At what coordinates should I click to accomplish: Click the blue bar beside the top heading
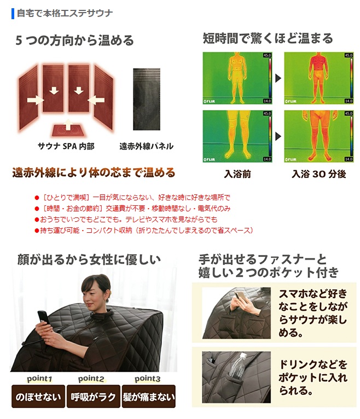coord(13,14)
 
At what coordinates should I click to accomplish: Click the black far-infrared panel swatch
coord(147,99)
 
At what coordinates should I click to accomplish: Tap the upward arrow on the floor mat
coord(68,125)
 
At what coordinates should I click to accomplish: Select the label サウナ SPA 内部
coord(66,146)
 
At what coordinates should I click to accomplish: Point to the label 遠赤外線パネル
coord(146,146)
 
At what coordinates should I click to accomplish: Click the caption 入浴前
coord(237,174)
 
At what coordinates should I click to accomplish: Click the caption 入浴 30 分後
coord(319,174)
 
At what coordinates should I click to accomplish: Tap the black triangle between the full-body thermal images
coord(278,78)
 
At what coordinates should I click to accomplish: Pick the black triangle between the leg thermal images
coord(278,136)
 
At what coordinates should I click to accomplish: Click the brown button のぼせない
coord(38,397)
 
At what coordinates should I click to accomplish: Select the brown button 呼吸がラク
coord(94,397)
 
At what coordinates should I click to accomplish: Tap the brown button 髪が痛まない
coord(149,397)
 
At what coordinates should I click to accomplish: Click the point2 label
coord(91,378)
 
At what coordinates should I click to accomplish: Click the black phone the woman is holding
coord(43,318)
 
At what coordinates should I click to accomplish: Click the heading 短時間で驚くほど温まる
coord(268,38)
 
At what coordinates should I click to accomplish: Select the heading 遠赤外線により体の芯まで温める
coord(94,173)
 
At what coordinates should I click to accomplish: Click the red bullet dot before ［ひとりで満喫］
coord(37,198)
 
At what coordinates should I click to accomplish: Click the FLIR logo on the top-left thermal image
coord(209,101)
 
